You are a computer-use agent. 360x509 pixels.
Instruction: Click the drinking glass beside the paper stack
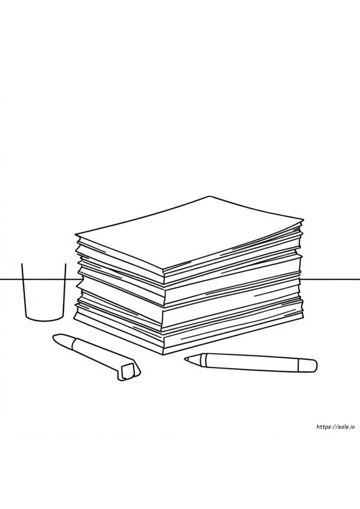click(x=44, y=292)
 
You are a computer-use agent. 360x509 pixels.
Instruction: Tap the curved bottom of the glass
click(x=44, y=319)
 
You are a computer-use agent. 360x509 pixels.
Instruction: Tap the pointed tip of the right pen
click(x=186, y=359)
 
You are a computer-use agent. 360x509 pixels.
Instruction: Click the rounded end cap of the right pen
click(x=308, y=365)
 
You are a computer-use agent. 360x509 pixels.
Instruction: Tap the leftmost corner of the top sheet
click(x=76, y=235)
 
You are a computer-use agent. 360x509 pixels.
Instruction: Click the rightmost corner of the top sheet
click(x=303, y=220)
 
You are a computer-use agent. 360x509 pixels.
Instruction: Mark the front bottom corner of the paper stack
click(x=163, y=354)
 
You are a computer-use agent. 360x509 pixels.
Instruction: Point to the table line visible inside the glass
click(x=44, y=279)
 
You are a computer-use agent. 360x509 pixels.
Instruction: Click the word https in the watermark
click(x=324, y=427)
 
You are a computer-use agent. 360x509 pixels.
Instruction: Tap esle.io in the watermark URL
click(x=345, y=427)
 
